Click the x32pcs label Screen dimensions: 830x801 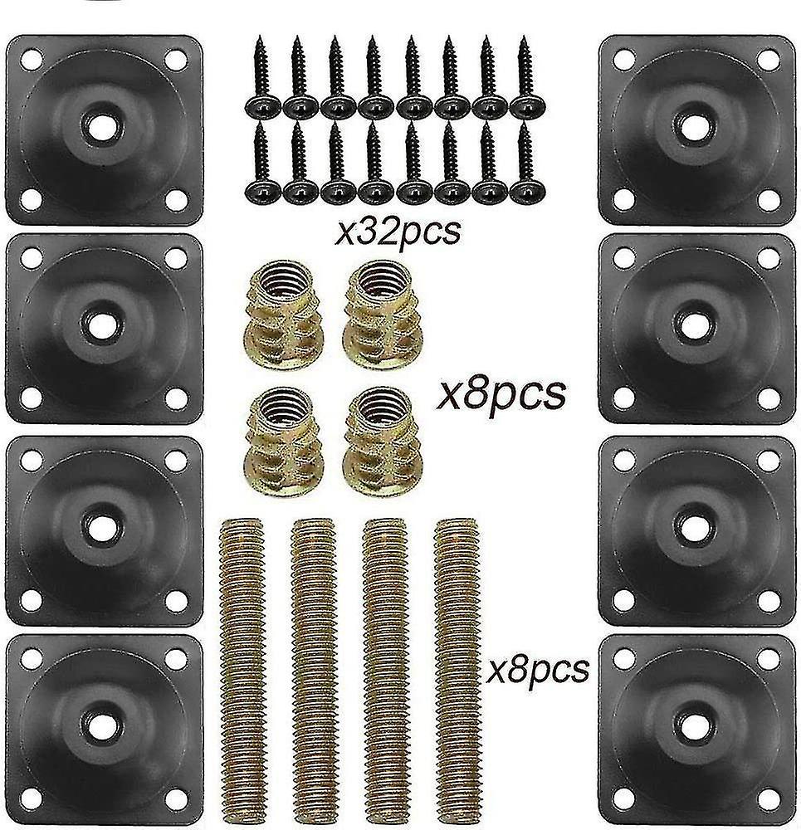click(x=396, y=231)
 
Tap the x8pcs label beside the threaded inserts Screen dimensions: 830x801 click(x=501, y=391)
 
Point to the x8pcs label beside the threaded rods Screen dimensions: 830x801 click(x=539, y=666)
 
